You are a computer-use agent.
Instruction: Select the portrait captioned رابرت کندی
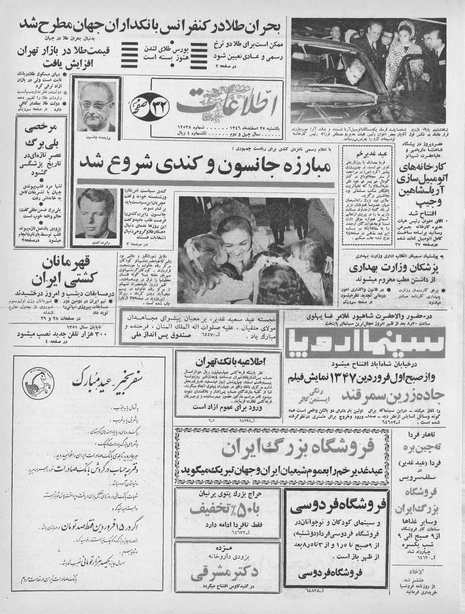pos(96,213)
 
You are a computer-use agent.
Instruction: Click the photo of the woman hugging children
pos(256,250)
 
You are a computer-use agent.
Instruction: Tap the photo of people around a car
pos(368,70)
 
